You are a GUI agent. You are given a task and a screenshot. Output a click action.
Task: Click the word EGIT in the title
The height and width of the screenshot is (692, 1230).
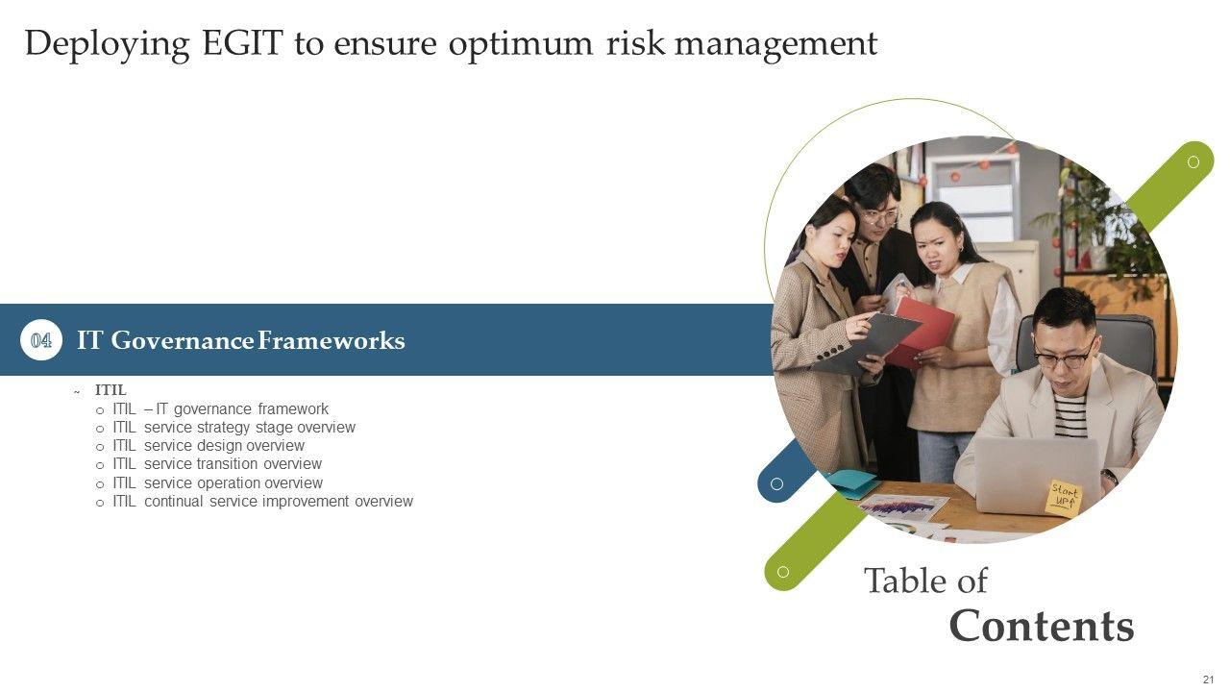(x=243, y=43)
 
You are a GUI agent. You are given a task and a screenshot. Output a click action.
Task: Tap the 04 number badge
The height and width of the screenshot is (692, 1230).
(x=41, y=340)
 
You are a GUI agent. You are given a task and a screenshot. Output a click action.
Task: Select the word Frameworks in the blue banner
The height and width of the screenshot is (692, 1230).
(x=332, y=340)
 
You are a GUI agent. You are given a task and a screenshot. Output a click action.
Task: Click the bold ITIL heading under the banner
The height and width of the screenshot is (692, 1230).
(x=111, y=390)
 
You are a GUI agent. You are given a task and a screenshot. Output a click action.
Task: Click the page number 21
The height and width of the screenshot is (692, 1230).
(x=1208, y=680)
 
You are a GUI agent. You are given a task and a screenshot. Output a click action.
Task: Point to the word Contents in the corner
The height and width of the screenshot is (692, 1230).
(x=1042, y=626)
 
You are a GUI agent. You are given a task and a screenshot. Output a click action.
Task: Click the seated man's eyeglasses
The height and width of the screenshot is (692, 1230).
(x=1064, y=357)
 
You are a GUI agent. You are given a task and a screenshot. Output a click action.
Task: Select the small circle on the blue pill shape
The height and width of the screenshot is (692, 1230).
(x=776, y=483)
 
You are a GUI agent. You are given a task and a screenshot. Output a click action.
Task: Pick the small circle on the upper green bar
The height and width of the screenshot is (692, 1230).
(x=1193, y=162)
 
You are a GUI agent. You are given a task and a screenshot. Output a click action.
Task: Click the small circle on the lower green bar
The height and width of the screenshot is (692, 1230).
(x=783, y=572)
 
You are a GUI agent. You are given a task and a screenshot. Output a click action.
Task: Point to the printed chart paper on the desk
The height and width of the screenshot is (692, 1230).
(x=903, y=507)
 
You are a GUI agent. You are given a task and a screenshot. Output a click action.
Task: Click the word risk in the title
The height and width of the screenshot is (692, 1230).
(x=636, y=43)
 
